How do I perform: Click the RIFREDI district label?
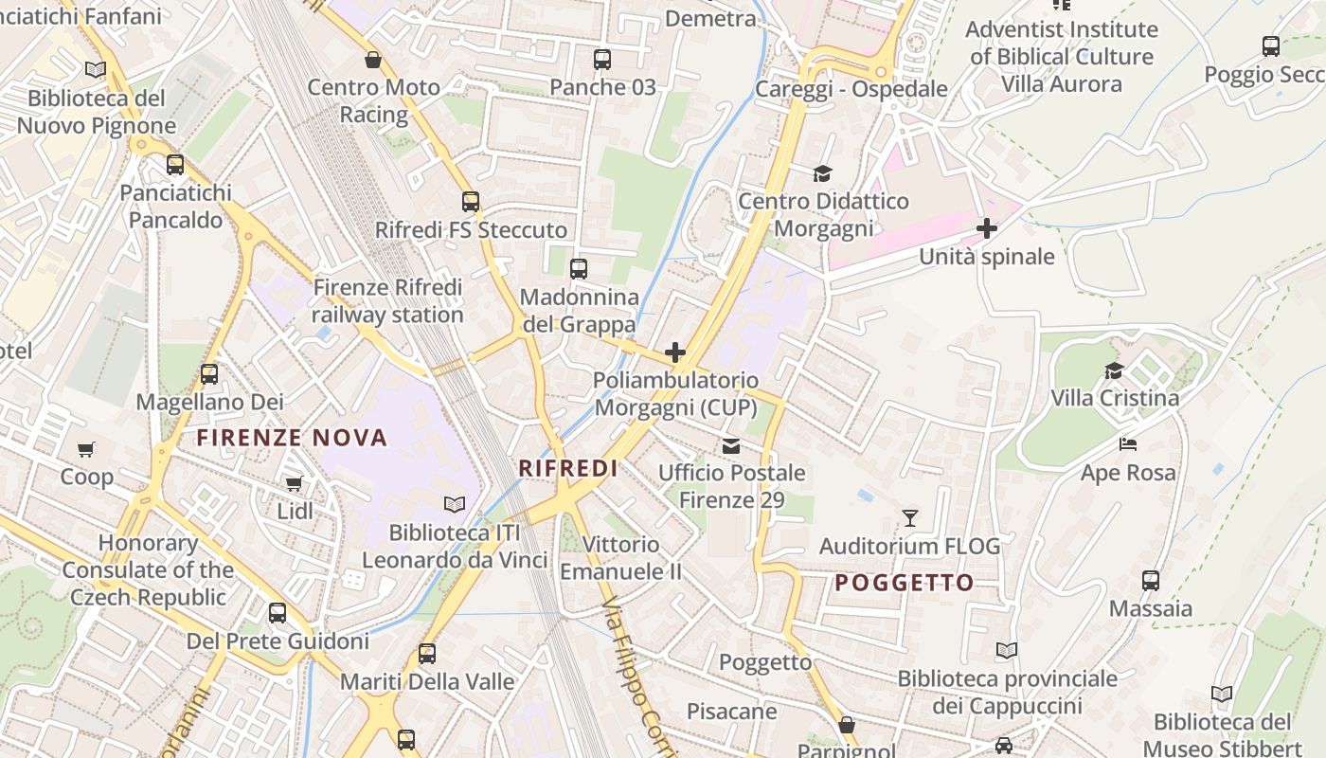tap(568, 468)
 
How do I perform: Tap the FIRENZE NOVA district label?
tap(292, 438)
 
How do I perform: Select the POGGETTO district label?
tap(905, 583)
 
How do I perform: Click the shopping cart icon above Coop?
tap(86, 449)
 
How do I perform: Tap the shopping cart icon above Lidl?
tap(295, 484)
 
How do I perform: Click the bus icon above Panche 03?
tap(602, 60)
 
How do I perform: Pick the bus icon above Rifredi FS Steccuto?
tap(471, 202)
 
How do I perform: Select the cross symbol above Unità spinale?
tap(987, 228)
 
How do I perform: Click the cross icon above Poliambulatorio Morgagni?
tap(675, 353)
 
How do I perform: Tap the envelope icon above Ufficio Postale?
tap(731, 445)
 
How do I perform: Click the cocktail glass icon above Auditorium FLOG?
tap(910, 518)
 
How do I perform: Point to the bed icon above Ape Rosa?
tap(1128, 444)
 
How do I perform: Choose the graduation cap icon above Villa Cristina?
tap(1115, 370)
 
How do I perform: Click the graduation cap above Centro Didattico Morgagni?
tap(822, 173)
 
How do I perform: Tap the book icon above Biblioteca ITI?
tap(455, 505)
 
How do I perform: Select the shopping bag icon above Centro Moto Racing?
tap(374, 60)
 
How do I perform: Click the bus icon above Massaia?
tap(1151, 581)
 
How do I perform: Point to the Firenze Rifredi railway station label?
tap(387, 300)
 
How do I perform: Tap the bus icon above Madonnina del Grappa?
tap(579, 269)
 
